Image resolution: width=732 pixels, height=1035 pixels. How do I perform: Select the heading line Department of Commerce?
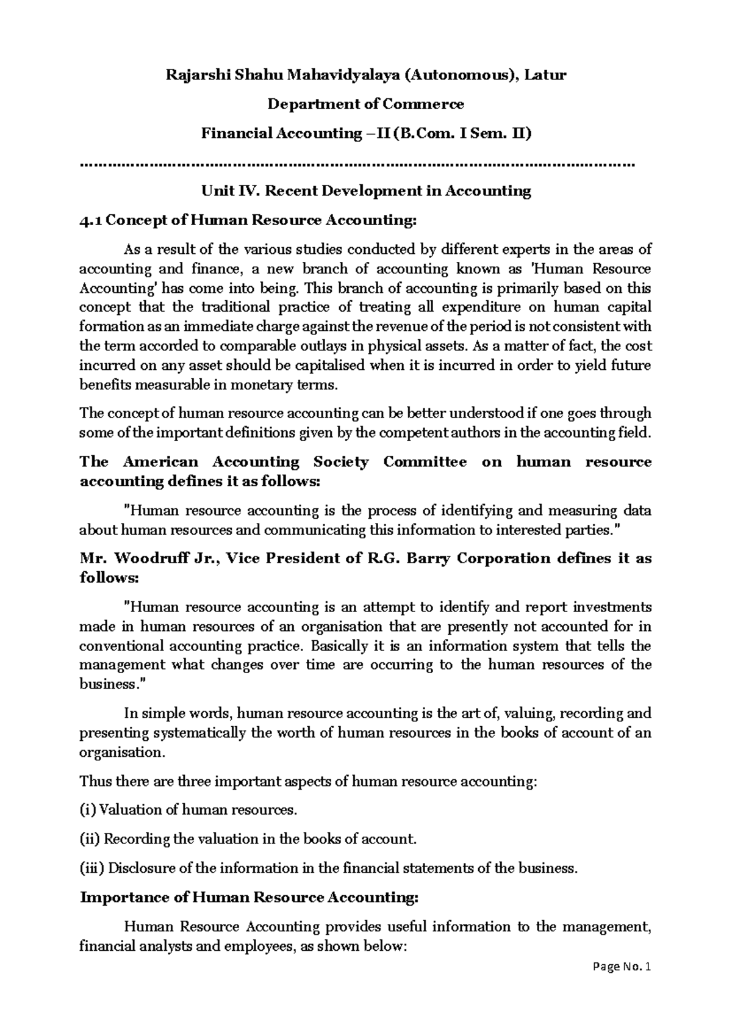(x=366, y=104)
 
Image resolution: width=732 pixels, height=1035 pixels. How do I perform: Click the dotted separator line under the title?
(x=357, y=164)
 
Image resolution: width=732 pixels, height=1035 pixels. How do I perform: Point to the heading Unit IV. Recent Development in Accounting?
(x=366, y=191)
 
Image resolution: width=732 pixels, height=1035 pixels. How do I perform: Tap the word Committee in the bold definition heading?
(x=425, y=462)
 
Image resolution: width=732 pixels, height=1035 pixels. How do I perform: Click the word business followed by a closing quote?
(x=106, y=684)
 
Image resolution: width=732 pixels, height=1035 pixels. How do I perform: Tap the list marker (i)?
(x=88, y=810)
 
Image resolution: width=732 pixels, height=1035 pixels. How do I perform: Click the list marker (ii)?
(x=90, y=839)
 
